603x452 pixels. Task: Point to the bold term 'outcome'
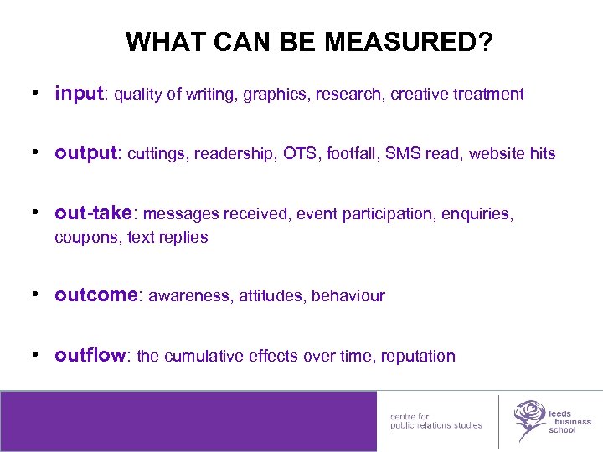click(x=95, y=295)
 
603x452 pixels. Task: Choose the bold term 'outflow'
click(x=89, y=356)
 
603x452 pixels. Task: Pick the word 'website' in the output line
click(x=496, y=154)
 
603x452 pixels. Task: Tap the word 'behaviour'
click(x=348, y=296)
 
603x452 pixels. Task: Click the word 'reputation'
click(x=418, y=357)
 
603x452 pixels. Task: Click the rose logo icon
click(x=528, y=419)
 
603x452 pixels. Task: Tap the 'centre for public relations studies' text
click(x=435, y=420)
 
